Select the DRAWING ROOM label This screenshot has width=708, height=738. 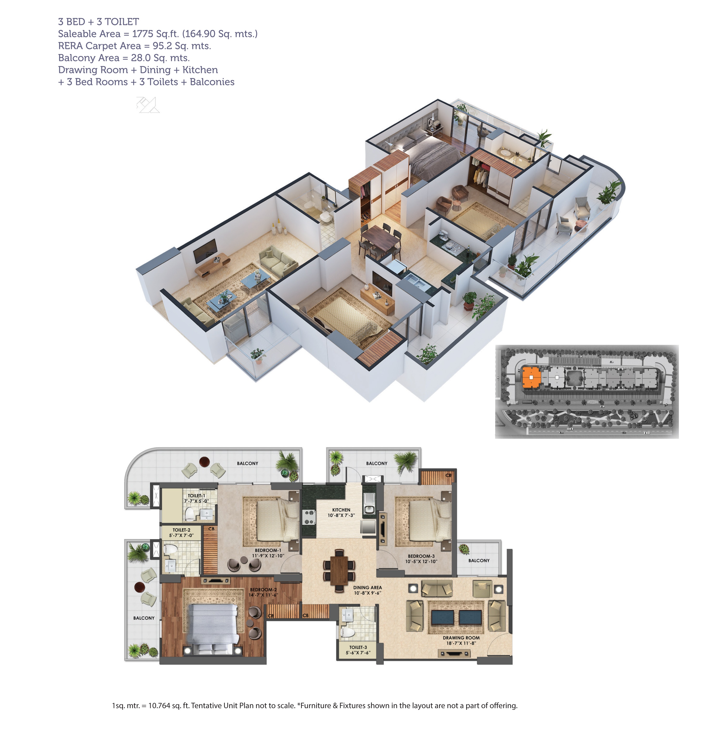(461, 638)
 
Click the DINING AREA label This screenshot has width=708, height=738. (367, 587)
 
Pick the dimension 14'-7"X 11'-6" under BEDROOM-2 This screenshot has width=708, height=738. (263, 595)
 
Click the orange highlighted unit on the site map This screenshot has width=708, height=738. (531, 377)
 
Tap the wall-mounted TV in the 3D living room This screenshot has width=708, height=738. (205, 251)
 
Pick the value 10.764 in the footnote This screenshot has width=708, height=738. (159, 705)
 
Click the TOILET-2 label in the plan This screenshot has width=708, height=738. (181, 530)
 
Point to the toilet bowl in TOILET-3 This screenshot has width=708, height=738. (347, 631)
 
